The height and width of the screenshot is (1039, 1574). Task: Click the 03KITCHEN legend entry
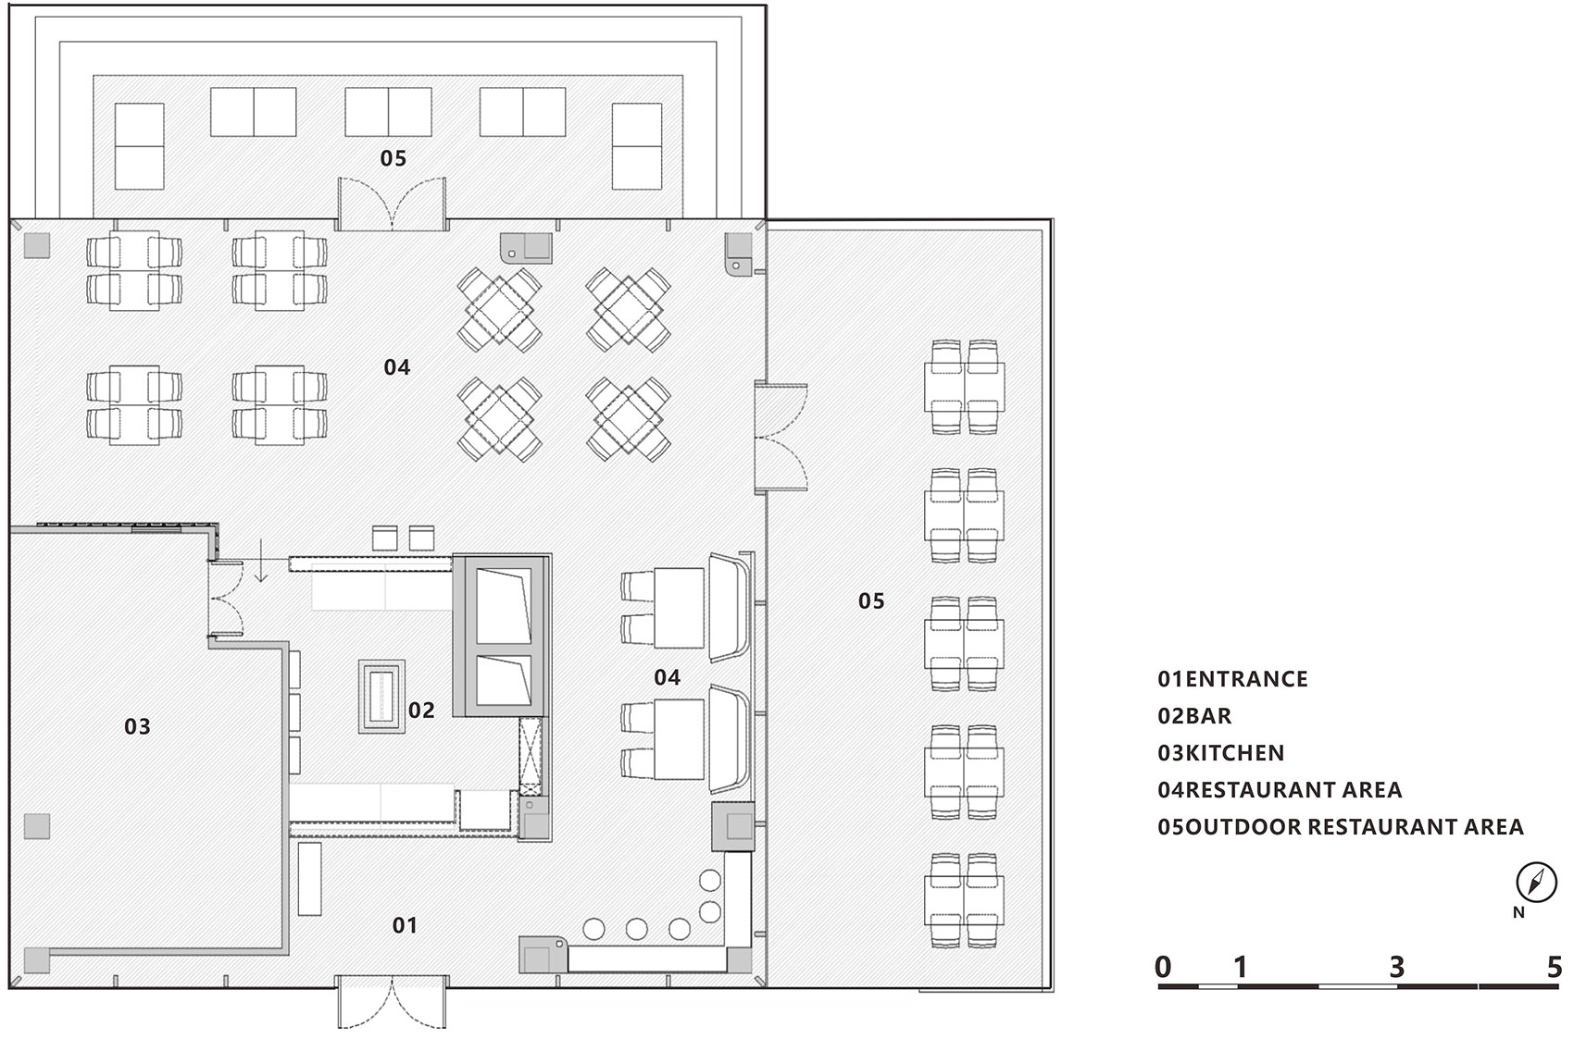1220,752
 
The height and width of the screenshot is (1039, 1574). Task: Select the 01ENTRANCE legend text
1232,679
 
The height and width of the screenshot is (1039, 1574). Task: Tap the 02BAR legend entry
1194,716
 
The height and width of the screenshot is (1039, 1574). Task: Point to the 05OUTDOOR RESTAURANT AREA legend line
1341,826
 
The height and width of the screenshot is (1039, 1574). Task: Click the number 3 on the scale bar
1396,967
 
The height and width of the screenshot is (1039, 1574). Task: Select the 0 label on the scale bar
1164,967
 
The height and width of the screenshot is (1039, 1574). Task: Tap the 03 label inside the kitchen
137,726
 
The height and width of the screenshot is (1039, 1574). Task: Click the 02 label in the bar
421,711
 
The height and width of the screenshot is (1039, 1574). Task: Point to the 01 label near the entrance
405,925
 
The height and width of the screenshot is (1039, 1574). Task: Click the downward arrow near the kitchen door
261,561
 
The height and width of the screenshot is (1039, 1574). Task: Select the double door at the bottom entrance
392,1001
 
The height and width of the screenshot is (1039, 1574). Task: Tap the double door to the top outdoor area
392,204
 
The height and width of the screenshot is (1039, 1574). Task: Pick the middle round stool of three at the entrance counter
637,929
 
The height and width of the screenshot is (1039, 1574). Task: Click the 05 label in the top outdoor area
393,158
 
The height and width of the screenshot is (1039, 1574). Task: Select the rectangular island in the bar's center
381,697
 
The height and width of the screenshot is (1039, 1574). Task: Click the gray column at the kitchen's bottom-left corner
36,959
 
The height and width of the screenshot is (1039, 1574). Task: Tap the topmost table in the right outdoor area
964,388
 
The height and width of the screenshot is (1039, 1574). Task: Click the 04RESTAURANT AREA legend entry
1280,790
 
